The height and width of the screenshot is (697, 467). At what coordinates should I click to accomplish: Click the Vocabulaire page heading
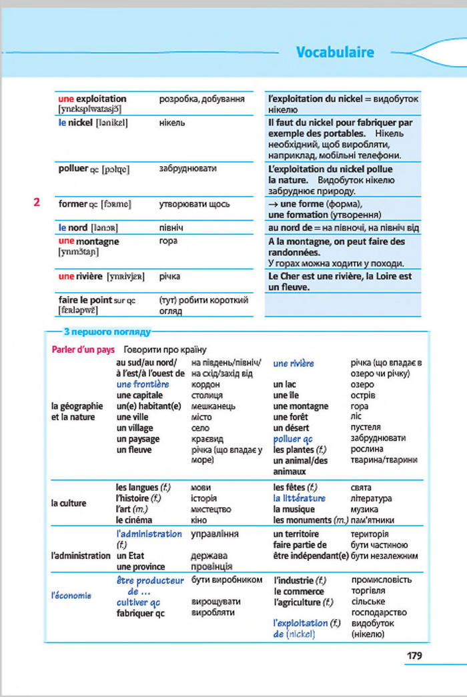(334, 53)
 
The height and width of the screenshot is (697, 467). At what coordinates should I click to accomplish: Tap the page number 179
(414, 656)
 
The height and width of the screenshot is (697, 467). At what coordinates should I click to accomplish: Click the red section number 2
(37, 203)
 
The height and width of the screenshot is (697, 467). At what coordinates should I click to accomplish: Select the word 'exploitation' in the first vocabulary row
(101, 99)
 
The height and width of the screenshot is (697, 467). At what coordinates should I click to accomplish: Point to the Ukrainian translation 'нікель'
(172, 123)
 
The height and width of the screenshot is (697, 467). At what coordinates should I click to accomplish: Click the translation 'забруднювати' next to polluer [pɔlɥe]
(187, 169)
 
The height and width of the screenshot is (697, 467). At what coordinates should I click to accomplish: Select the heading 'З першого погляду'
(107, 331)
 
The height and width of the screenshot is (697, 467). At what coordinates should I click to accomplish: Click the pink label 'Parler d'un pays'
(83, 350)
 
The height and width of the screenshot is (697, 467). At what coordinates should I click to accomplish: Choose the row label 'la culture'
(69, 504)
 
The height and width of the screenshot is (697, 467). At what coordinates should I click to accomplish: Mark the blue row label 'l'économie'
(71, 596)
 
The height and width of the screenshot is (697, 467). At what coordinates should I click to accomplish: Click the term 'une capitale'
(140, 395)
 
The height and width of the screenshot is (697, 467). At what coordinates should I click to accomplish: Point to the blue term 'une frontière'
(143, 384)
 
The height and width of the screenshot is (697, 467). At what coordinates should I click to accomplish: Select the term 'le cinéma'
(134, 520)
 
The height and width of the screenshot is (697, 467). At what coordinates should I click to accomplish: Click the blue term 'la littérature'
(300, 498)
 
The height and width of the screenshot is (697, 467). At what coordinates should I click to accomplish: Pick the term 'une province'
(141, 566)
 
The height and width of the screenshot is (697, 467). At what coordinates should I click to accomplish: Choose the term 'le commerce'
(299, 591)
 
